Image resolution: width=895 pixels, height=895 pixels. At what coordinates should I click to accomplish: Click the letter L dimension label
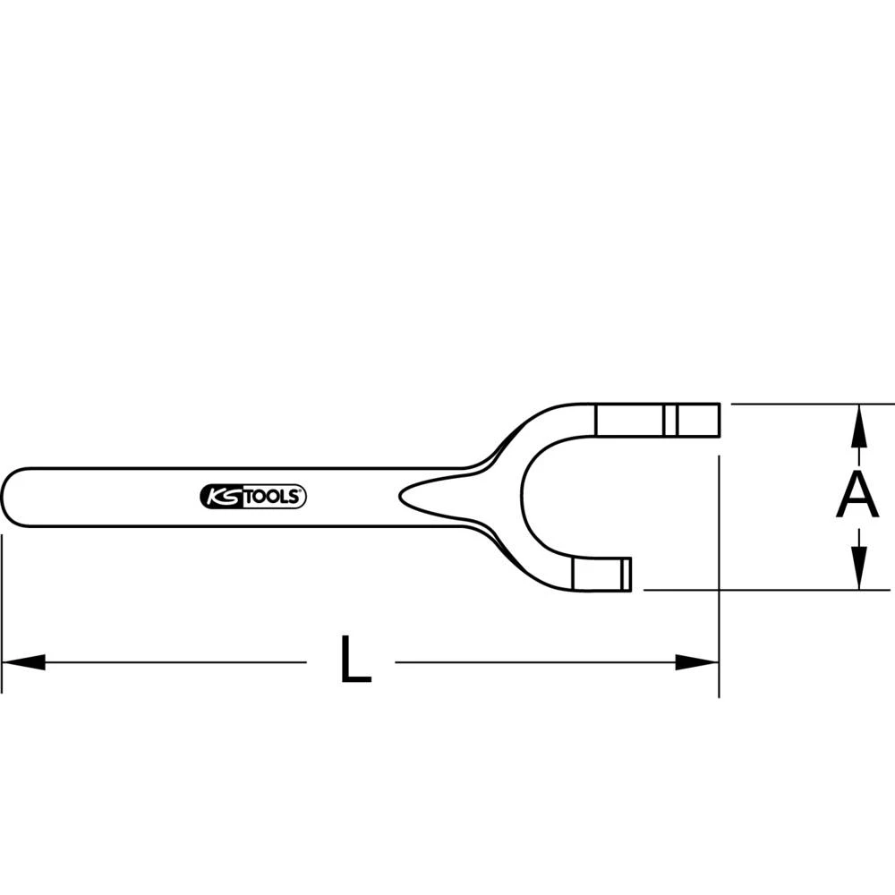(x=355, y=661)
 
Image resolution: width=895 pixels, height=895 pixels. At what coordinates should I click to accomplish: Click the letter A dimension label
(x=857, y=495)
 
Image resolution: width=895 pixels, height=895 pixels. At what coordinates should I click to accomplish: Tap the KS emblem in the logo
(x=220, y=498)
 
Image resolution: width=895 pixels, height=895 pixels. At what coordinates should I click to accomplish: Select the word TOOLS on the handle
(x=273, y=498)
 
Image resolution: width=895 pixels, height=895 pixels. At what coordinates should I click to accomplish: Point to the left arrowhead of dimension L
(x=22, y=662)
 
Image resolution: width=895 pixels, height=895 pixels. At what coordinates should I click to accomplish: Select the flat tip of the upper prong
(x=718, y=419)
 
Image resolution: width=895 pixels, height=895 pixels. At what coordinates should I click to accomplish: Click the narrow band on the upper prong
(x=669, y=419)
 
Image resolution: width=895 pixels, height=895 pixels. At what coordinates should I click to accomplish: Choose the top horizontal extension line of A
(x=805, y=404)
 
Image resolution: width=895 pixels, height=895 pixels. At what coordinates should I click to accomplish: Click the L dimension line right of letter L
(x=537, y=662)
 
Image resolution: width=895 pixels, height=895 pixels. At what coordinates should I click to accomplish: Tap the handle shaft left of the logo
(x=107, y=497)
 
